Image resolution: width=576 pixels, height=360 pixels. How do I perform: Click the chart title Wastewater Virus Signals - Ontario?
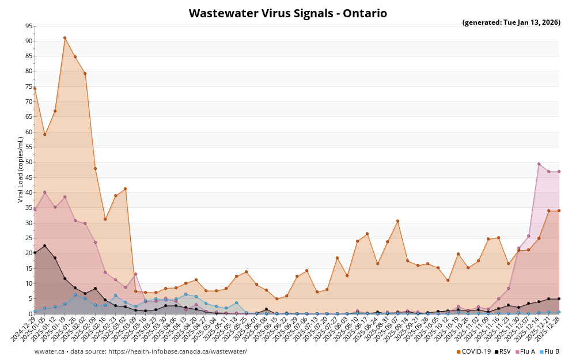coord(288,13)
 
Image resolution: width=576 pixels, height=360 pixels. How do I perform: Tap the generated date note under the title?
coord(511,23)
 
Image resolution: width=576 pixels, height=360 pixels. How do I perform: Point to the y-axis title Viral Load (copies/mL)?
coord(21,169)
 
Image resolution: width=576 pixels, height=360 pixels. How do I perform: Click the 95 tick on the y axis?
coord(29,26)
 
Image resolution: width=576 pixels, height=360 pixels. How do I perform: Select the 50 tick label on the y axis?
coord(29,162)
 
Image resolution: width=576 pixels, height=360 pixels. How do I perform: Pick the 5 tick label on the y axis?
coord(31,298)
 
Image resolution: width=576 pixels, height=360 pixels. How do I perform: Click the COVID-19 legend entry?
coord(473,351)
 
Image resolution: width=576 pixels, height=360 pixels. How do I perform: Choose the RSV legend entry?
coord(502,351)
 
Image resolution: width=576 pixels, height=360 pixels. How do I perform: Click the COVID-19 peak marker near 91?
coord(65,38)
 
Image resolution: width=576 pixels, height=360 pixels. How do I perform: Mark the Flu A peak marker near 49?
coord(539,164)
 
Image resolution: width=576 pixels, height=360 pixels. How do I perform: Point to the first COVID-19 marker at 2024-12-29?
coord(35,88)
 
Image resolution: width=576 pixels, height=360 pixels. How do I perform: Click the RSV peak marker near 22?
coord(44,246)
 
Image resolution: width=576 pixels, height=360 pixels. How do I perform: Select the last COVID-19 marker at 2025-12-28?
coord(559,210)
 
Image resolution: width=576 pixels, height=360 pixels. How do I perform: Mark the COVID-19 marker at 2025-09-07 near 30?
coord(397,221)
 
